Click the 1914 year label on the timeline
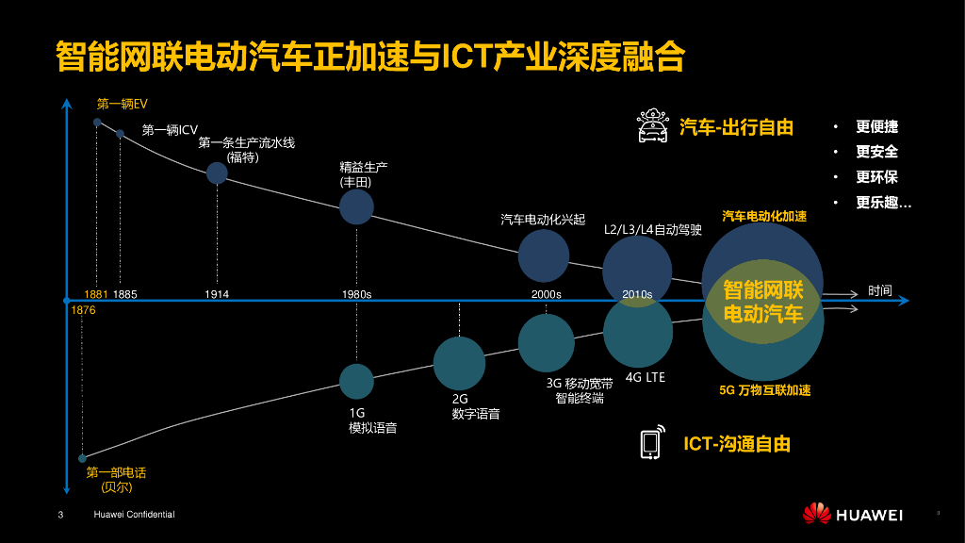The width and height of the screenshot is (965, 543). [217, 294]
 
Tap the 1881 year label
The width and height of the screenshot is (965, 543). [95, 294]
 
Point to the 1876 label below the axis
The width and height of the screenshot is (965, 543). [83, 310]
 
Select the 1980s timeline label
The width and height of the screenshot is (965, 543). [356, 294]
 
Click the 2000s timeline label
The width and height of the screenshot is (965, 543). [546, 294]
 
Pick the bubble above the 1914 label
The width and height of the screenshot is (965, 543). [217, 173]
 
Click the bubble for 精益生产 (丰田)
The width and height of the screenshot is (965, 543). [356, 206]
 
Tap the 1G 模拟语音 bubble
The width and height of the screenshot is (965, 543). [356, 381]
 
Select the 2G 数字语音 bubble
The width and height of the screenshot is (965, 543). [459, 363]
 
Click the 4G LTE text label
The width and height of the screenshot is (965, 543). [645, 377]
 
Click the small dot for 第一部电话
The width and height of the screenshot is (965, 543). [83, 458]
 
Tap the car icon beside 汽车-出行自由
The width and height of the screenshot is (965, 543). [653, 125]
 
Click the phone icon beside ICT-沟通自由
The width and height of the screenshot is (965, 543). [649, 443]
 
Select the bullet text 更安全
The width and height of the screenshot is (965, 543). [876, 151]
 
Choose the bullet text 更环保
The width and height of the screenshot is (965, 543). [876, 176]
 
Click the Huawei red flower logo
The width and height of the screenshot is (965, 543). [815, 514]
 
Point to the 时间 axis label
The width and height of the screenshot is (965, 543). [879, 290]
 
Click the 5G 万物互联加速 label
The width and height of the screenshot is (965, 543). [763, 389]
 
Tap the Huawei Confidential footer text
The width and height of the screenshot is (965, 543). [133, 515]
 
